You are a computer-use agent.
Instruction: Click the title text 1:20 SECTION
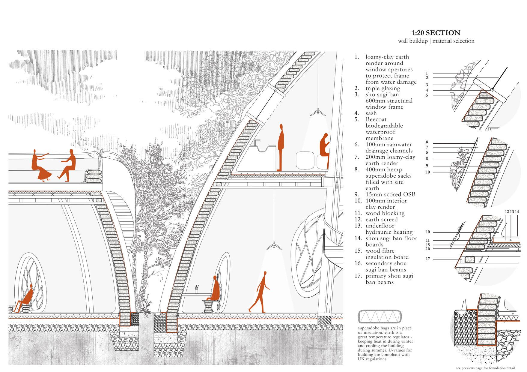(x=436, y=33)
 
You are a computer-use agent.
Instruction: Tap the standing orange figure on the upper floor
(x=281, y=147)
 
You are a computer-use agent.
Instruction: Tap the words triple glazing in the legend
(x=383, y=88)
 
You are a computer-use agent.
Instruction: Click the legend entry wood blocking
(x=385, y=213)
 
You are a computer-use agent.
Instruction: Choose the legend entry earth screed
(x=381, y=220)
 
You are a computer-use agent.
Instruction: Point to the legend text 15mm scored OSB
(x=390, y=194)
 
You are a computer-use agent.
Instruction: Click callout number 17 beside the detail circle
(x=427, y=259)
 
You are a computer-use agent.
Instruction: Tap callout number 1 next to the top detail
(x=427, y=73)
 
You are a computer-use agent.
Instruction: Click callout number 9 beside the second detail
(x=427, y=166)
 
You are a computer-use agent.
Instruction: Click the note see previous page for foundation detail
(x=485, y=368)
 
